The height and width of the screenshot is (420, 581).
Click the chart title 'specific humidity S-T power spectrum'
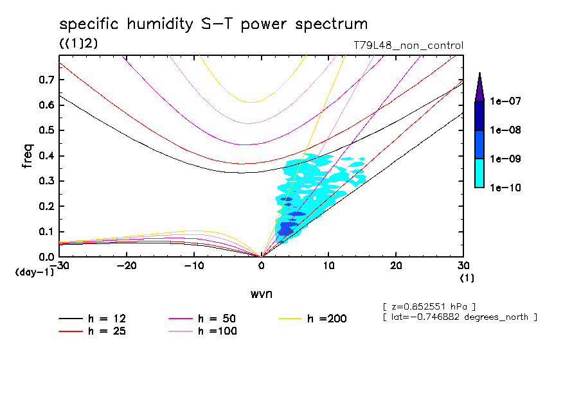[x=213, y=25]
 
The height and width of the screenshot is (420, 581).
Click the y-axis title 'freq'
[x=28, y=156]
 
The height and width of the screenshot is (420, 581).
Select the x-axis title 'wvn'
[x=261, y=293]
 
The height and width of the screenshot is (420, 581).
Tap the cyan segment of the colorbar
[x=479, y=173]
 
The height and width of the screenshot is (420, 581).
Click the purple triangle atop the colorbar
[x=479, y=87]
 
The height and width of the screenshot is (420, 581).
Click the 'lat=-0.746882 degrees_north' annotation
[x=459, y=317]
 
